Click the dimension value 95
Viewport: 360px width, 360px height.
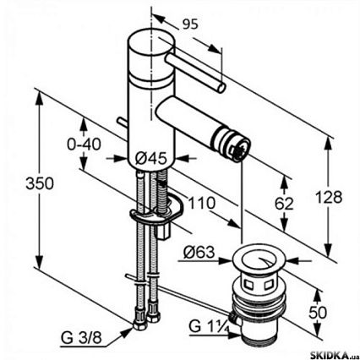tap(190, 25)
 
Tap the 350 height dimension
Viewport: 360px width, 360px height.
tap(40, 183)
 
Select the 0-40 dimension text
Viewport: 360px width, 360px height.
tap(84, 145)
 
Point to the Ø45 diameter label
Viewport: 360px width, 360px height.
tap(150, 159)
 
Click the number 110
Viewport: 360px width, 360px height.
tap(202, 203)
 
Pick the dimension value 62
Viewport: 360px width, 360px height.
tap(284, 204)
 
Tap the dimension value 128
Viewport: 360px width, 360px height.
tap(329, 197)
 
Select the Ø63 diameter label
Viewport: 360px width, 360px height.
tap(199, 252)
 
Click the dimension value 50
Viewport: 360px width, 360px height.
tap(318, 312)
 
